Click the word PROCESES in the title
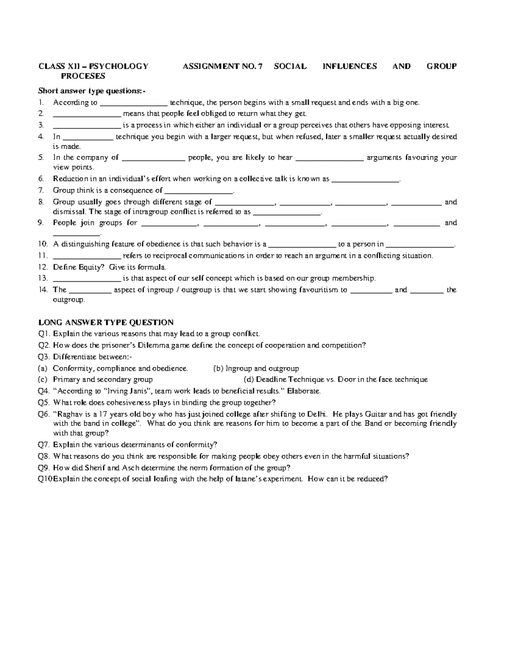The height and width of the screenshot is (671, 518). point(83,76)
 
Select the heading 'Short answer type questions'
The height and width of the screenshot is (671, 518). point(92,91)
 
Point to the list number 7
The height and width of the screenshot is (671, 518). point(41,190)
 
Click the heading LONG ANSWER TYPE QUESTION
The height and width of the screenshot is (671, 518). point(106,322)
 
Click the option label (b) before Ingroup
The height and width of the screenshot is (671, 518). point(218,369)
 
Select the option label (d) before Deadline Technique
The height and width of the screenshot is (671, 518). point(249,379)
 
